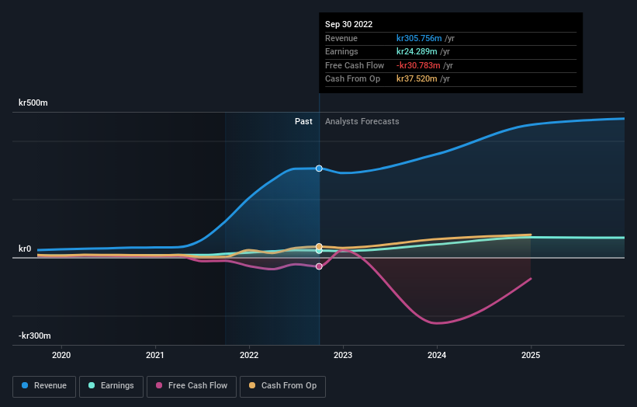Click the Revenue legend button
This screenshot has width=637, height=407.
(x=44, y=386)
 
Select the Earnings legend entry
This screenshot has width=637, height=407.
(x=110, y=386)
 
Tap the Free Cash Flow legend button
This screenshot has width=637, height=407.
(x=191, y=386)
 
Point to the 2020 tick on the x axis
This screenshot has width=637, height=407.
(x=61, y=355)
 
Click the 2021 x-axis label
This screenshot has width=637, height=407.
(x=155, y=355)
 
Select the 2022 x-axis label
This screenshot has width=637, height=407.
(x=249, y=355)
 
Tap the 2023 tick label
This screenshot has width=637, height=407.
(x=343, y=355)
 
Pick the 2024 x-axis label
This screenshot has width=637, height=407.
(x=437, y=355)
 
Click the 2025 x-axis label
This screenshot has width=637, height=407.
(x=531, y=355)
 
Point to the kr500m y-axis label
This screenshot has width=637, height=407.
(x=34, y=103)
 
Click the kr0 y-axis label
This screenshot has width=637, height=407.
(x=25, y=249)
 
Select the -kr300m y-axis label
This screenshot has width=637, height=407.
(x=35, y=336)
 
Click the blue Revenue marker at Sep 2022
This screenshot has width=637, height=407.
(x=319, y=169)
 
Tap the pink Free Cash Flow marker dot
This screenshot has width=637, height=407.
(x=319, y=266)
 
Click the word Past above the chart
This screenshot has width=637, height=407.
(x=303, y=121)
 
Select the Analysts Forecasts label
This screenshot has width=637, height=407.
(x=362, y=121)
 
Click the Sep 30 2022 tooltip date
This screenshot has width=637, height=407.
(x=350, y=24)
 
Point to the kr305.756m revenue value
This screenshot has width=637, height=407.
(x=418, y=38)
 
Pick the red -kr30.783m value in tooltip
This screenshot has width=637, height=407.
(x=418, y=65)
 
